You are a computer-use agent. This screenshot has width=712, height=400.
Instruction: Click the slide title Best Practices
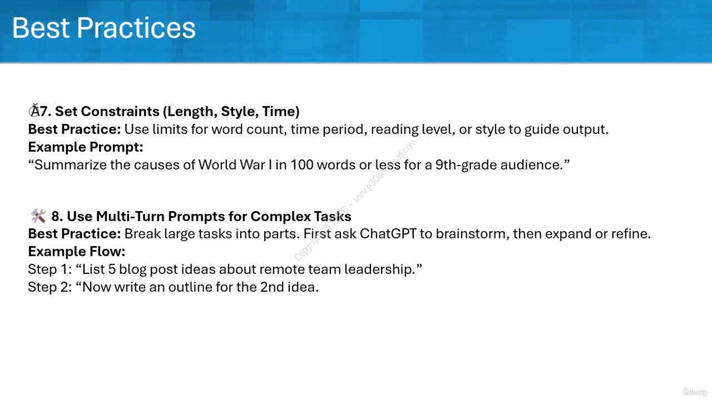[103, 28]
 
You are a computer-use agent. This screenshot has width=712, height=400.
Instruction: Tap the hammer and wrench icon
[38, 216]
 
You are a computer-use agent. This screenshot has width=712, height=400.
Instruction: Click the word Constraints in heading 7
[120, 112]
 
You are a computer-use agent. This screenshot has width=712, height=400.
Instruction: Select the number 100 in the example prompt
[301, 165]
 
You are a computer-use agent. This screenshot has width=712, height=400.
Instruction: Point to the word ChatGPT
[388, 234]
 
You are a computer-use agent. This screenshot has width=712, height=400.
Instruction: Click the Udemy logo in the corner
[695, 392]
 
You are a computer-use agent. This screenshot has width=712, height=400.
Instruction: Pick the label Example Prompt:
[86, 147]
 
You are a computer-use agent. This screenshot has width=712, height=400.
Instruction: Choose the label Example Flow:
[77, 252]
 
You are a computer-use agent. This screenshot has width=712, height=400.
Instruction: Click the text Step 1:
[50, 269]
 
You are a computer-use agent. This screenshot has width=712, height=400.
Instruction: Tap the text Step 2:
[50, 287]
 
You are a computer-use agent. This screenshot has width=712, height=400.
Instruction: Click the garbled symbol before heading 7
[34, 111]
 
